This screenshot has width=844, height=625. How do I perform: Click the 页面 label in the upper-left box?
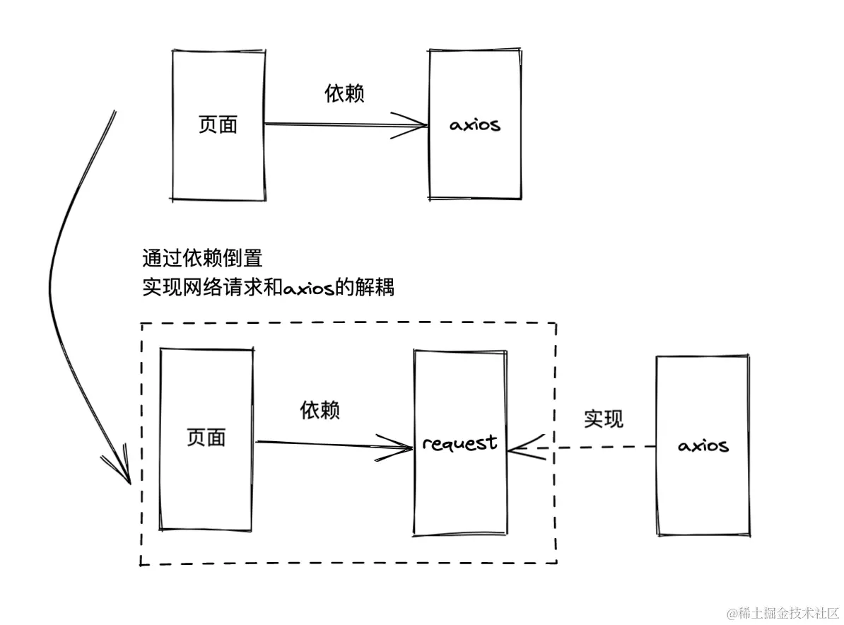(218, 125)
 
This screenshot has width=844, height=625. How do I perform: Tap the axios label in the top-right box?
(474, 126)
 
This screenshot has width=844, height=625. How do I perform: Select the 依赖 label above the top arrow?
(344, 93)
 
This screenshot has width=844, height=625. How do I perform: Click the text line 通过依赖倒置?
(202, 258)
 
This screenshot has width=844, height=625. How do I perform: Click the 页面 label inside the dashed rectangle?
(206, 438)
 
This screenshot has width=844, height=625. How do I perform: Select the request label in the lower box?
(459, 443)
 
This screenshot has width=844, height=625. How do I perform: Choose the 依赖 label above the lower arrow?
(320, 410)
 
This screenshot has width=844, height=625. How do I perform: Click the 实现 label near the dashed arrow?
(604, 419)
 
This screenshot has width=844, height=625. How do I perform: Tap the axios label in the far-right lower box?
(703, 446)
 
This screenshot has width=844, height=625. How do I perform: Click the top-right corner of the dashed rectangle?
(556, 324)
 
